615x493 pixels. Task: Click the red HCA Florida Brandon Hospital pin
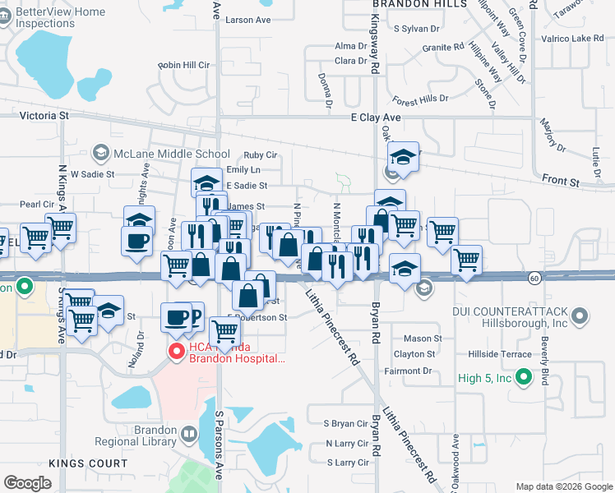[x=175, y=352]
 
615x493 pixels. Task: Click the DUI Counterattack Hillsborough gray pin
[x=581, y=316]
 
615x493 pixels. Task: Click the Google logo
[x=27, y=483]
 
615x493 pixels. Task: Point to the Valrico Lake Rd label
[x=572, y=39]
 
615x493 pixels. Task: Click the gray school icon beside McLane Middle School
[x=100, y=153]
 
